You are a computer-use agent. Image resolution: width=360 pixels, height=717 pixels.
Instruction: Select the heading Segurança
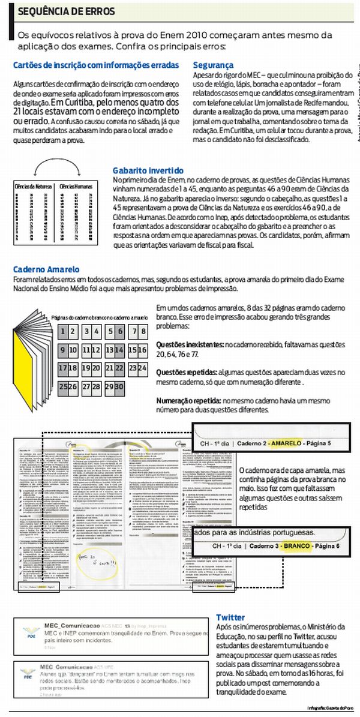click(x=213, y=64)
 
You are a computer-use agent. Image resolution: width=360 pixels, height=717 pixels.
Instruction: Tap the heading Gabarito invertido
click(x=146, y=170)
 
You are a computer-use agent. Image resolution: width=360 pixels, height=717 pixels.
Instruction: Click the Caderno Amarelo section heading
click(x=46, y=270)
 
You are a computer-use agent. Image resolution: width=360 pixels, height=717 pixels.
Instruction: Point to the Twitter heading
click(x=230, y=617)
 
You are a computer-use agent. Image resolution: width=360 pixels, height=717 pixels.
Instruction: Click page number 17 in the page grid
click(x=63, y=367)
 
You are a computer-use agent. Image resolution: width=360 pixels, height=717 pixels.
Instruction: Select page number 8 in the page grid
click(x=143, y=331)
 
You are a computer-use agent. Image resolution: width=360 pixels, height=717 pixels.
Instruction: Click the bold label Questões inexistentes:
click(x=190, y=345)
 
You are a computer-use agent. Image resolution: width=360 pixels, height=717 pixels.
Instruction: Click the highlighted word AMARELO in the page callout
click(x=287, y=443)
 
